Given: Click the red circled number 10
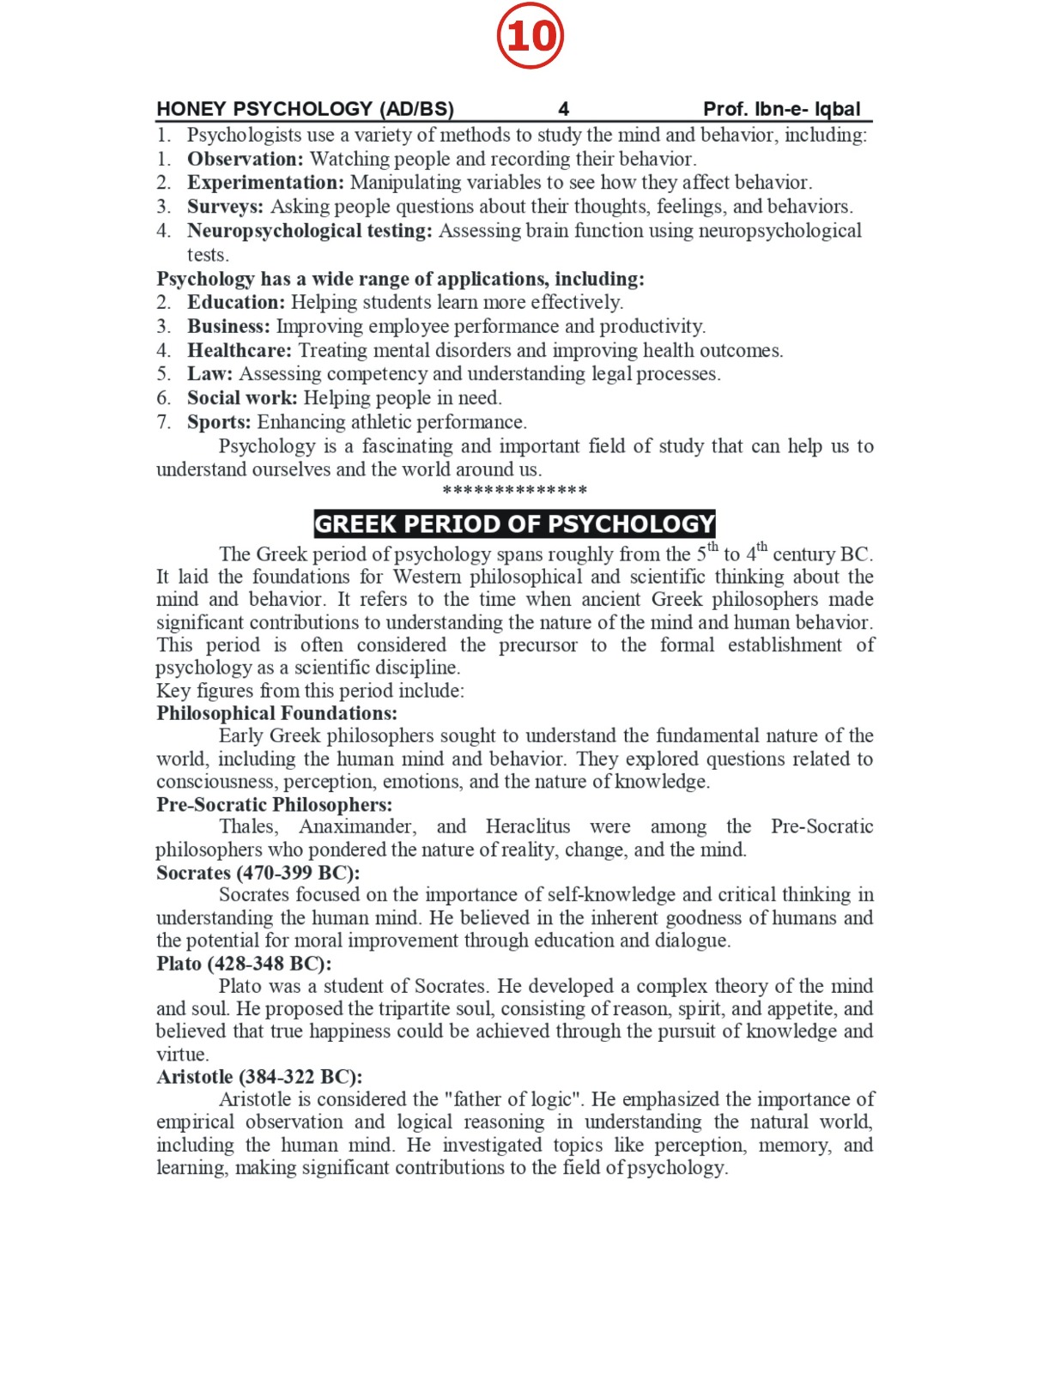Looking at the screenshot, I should pyautogui.click(x=530, y=36).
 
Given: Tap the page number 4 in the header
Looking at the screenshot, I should pyautogui.click(x=563, y=109).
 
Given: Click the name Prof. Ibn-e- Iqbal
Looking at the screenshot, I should pyautogui.click(x=781, y=109).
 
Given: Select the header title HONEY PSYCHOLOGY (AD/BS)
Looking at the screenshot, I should pyautogui.click(x=305, y=109).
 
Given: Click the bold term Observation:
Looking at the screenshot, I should pyautogui.click(x=246, y=159).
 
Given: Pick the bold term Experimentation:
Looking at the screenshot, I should pyautogui.click(x=265, y=183).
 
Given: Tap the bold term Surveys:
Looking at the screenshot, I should pyautogui.click(x=226, y=207).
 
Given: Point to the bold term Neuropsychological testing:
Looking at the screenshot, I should pyautogui.click(x=310, y=231).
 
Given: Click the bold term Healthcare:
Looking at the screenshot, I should pyautogui.click(x=239, y=350).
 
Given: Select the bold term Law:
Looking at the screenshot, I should pyautogui.click(x=210, y=374).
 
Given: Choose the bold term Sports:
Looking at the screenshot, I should pyautogui.click(x=219, y=422).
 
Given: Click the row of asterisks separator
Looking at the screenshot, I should pyautogui.click(x=514, y=491).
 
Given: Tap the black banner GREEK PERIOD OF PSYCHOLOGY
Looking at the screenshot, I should pyautogui.click(x=514, y=523).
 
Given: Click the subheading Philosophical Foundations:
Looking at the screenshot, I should pyautogui.click(x=276, y=713).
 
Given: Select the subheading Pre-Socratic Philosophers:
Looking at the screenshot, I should pyautogui.click(x=274, y=805).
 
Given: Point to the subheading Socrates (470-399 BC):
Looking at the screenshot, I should pyautogui.click(x=258, y=873).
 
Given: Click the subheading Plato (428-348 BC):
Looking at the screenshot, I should pyautogui.click(x=244, y=964).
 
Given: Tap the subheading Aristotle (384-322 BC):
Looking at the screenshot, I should pyautogui.click(x=259, y=1077).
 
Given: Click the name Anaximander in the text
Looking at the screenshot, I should pyautogui.click(x=357, y=826).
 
